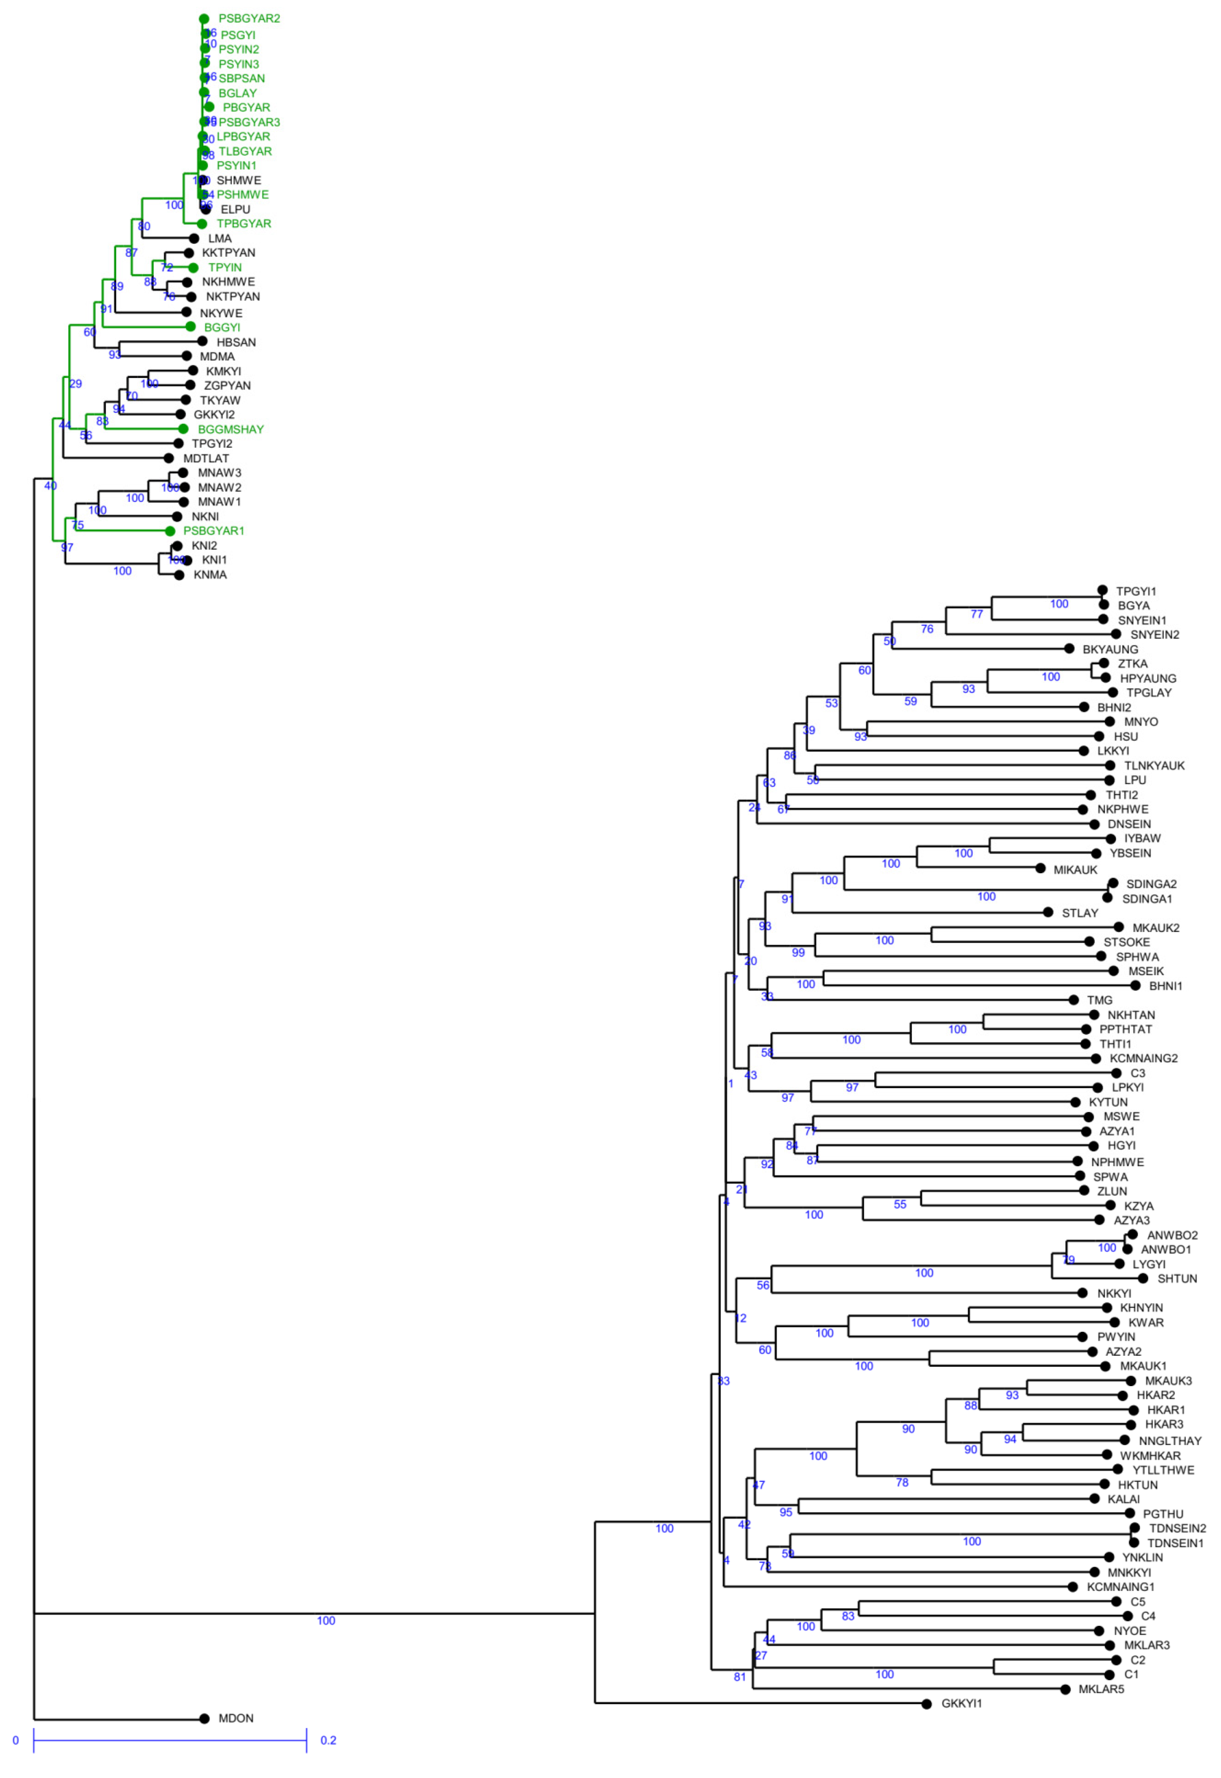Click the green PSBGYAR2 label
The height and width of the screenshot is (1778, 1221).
point(249,18)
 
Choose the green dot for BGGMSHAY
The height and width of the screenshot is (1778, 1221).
point(183,429)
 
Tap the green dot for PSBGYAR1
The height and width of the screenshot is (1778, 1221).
point(170,531)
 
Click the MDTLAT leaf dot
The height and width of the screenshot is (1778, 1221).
point(168,458)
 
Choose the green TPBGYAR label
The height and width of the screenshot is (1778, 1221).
point(244,223)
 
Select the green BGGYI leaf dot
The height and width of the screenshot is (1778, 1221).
point(191,327)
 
